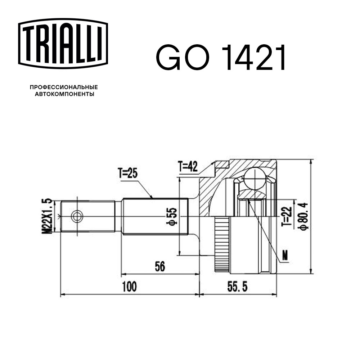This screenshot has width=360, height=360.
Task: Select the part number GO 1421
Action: [x=221, y=58]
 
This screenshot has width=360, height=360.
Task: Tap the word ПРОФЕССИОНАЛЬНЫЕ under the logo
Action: [x=64, y=87]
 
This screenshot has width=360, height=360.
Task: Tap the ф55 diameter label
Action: [x=172, y=216]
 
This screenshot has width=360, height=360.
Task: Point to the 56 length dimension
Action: [x=160, y=267]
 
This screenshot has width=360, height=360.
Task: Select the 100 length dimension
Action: [x=129, y=287]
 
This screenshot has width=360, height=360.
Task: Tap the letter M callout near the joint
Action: [x=285, y=256]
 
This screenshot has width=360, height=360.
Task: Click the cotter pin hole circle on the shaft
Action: [x=77, y=216]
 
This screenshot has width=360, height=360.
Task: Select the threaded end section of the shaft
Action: [x=88, y=216]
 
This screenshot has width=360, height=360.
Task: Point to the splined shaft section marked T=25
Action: [x=155, y=216]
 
